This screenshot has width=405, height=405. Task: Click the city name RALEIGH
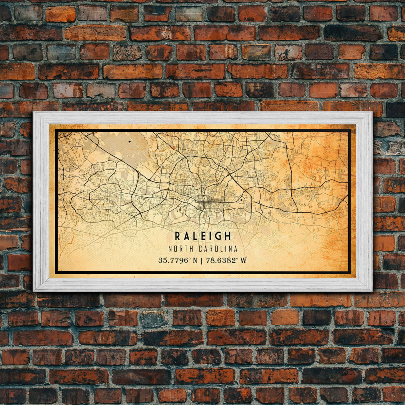tap(203, 236)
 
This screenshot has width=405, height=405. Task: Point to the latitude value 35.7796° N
tap(178, 260)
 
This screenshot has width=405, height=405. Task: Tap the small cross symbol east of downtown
tap(241, 200)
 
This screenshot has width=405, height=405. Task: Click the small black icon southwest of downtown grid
tap(180, 210)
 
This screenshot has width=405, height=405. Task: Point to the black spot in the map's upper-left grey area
tap(129, 142)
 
